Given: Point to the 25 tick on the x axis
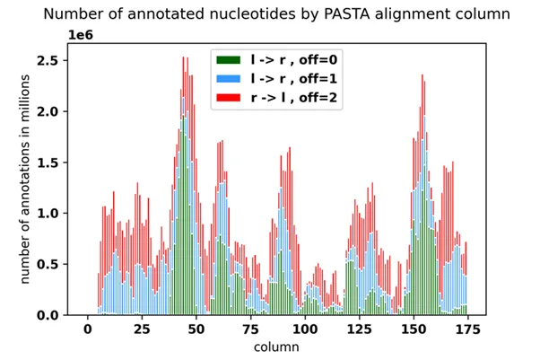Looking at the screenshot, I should (142, 330).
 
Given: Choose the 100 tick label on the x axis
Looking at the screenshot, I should (305, 330).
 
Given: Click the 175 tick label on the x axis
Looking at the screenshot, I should (468, 330).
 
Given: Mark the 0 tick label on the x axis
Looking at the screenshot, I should (87, 330).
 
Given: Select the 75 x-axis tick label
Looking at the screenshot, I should (250, 330).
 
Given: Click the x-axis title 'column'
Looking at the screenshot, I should (277, 347).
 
